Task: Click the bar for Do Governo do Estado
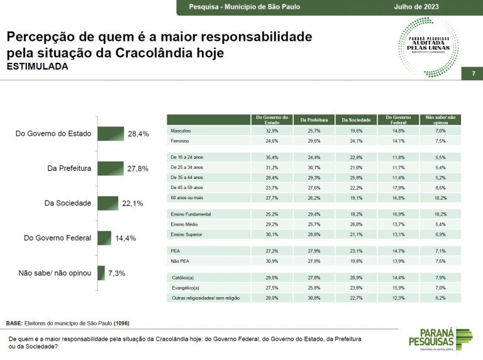click(111, 134)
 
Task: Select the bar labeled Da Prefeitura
click(111, 168)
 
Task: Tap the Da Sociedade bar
click(108, 203)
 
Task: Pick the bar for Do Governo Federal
click(104, 237)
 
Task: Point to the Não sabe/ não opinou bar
click(101, 273)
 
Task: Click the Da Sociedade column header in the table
click(356, 119)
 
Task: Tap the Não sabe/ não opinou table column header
click(440, 119)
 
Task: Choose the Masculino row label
click(181, 131)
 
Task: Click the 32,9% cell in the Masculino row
click(271, 131)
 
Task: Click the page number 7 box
click(472, 74)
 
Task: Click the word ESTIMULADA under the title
click(37, 67)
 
